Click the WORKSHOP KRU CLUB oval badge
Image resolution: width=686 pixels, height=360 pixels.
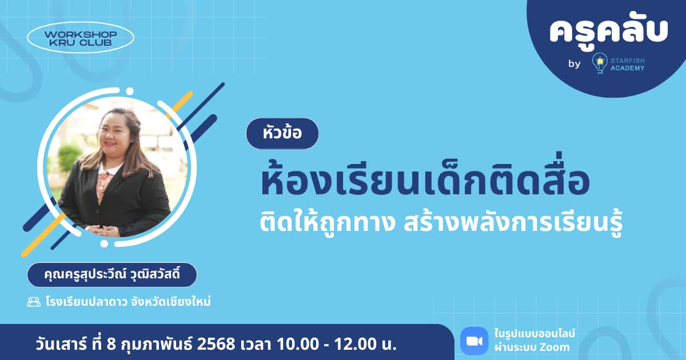(81, 38)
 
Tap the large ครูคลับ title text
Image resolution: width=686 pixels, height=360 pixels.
(608, 31)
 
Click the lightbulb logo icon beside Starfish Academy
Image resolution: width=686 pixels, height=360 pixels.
(599, 63)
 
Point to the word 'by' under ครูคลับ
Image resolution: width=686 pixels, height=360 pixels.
(574, 64)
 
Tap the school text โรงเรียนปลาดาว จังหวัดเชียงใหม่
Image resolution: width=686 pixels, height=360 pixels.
(128, 301)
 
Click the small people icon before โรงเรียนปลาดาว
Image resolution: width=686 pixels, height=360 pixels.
(34, 301)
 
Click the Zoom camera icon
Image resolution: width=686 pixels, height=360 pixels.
(474, 341)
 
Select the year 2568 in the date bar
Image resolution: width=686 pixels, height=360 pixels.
(215, 345)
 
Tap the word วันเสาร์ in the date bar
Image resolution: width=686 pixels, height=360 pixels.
(54, 345)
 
